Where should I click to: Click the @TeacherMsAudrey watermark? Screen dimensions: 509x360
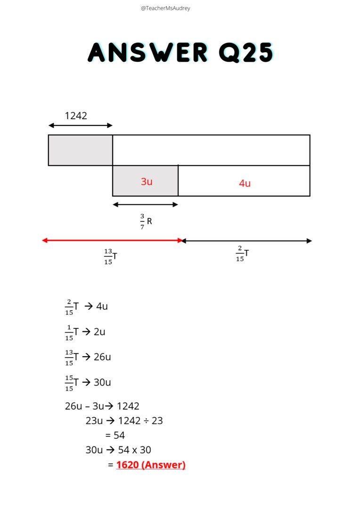[x=165, y=8]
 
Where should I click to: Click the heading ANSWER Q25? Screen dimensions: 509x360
[x=180, y=52]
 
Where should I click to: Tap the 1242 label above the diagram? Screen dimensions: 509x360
[x=76, y=115]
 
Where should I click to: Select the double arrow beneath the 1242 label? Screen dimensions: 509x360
[x=81, y=125]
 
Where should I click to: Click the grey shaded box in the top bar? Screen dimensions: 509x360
[x=81, y=150]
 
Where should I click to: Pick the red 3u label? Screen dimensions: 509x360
[x=147, y=181]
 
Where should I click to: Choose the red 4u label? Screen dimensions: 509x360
[x=245, y=183]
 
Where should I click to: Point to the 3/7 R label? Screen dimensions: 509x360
[x=146, y=221]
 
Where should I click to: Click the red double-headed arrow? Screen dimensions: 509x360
[x=112, y=240]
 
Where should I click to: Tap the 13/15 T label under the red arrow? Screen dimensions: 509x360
[x=110, y=256]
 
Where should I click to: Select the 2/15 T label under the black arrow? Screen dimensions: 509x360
[x=242, y=254]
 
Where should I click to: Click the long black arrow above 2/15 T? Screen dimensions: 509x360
[x=246, y=241]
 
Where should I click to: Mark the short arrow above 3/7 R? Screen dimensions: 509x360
[x=145, y=205]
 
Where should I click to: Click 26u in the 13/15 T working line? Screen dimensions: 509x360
[x=102, y=357]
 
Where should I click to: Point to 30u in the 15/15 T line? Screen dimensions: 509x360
[x=102, y=382]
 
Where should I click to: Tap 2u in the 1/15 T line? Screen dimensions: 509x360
[x=99, y=332]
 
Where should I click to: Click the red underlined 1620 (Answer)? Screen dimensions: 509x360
[x=151, y=465]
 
